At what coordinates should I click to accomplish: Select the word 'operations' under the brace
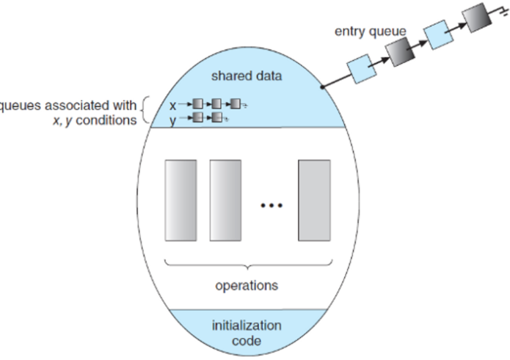coord(246,285)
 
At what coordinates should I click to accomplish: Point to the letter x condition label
coord(172,105)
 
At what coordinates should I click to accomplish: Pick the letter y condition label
coord(172,119)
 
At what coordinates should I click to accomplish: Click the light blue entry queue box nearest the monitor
coord(361,72)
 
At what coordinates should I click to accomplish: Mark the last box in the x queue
coord(234,105)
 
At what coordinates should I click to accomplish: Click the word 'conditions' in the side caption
coord(109,120)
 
